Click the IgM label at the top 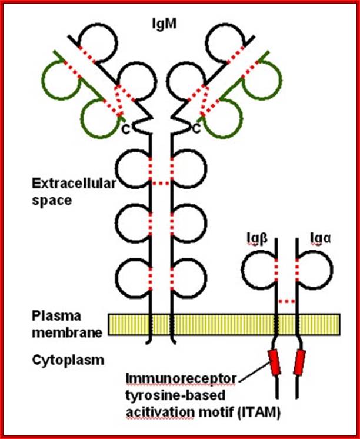[x=164, y=24]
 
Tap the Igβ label [x=257, y=238]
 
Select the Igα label [x=321, y=238]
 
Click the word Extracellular [x=74, y=184]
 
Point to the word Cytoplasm [x=68, y=360]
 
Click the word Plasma [x=56, y=316]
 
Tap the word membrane [x=67, y=333]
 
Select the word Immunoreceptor [x=181, y=379]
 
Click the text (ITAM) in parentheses [x=259, y=413]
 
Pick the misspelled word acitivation [x=159, y=413]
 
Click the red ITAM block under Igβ [x=274, y=362]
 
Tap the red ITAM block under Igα [x=299, y=362]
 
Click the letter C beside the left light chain [x=126, y=129]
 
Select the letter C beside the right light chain [x=197, y=129]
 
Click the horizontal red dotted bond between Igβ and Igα [x=286, y=301]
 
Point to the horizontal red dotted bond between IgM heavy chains [x=161, y=184]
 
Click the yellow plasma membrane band [x=224, y=324]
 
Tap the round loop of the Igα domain [x=332, y=270]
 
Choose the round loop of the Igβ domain [x=242, y=270]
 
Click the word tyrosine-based [x=175, y=395]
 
